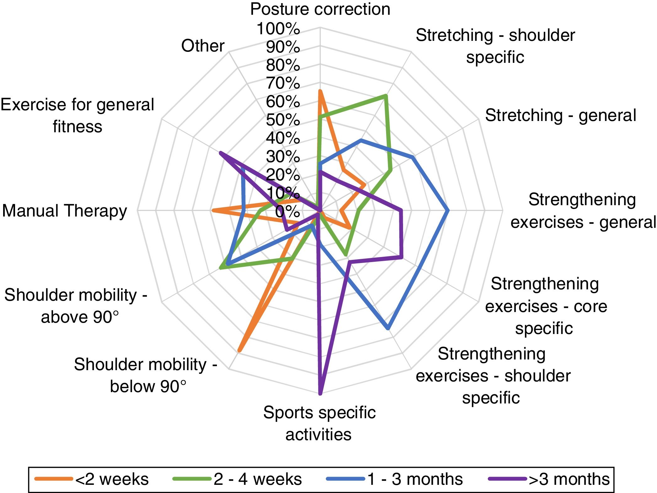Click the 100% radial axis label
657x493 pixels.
coord(278,29)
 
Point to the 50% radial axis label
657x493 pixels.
coord(283,120)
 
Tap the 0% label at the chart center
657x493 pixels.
coord(287,211)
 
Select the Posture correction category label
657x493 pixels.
coord(320,9)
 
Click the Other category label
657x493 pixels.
coord(203,46)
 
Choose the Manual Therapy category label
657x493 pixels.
coord(65,211)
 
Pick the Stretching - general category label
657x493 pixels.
coord(560,115)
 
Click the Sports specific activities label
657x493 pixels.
coord(319,423)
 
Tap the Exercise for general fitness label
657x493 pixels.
coord(77,116)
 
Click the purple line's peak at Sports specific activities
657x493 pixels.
coord(320,393)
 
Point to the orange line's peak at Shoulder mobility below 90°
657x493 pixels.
coord(239,351)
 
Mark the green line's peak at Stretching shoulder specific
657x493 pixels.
coord(386,96)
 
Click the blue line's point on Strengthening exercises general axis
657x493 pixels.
coord(448,211)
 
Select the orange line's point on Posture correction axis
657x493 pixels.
coord(320,91)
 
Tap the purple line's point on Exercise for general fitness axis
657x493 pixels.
coord(220,153)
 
